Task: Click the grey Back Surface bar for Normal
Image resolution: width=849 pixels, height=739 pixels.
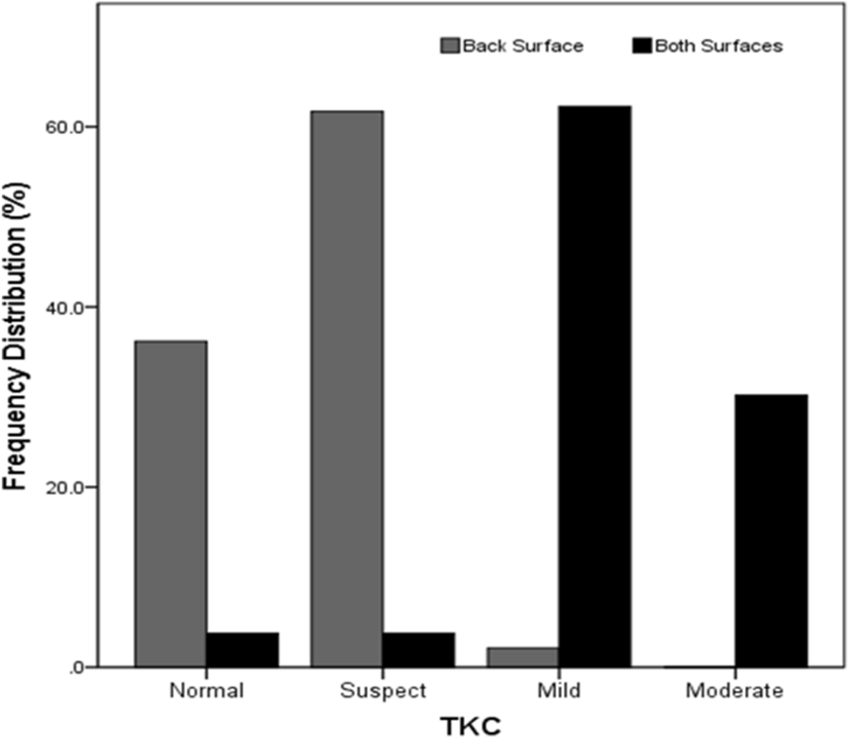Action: click(x=171, y=504)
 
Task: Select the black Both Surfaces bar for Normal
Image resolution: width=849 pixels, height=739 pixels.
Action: click(x=242, y=650)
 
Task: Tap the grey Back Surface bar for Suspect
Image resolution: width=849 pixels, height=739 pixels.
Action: click(x=347, y=389)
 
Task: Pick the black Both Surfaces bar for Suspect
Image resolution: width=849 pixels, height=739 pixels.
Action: click(x=419, y=650)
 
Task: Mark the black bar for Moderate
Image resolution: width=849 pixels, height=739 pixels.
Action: click(x=771, y=531)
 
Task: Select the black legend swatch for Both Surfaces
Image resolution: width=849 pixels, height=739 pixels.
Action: click(x=641, y=46)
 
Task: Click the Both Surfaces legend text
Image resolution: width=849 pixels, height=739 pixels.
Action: click(x=718, y=46)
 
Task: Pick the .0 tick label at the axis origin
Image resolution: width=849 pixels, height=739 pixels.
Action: click(x=79, y=667)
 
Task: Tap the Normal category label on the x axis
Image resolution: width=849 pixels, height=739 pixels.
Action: click(x=207, y=691)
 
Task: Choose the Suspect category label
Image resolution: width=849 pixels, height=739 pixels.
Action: click(x=383, y=691)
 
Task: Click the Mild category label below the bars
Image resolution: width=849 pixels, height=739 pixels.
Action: click(x=559, y=691)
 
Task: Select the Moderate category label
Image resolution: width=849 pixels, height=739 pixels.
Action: click(x=735, y=691)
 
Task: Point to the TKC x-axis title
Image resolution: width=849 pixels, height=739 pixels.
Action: click(x=471, y=725)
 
